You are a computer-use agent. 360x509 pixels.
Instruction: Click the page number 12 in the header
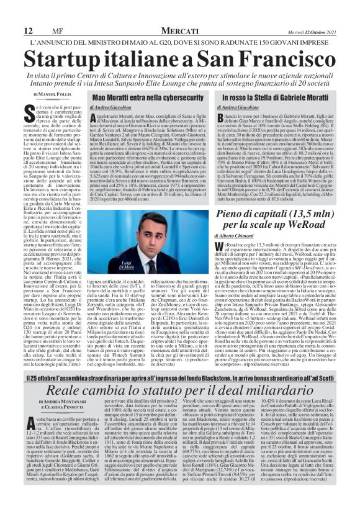pos(10,13)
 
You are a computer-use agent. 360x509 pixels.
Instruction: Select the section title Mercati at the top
pos(180,13)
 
